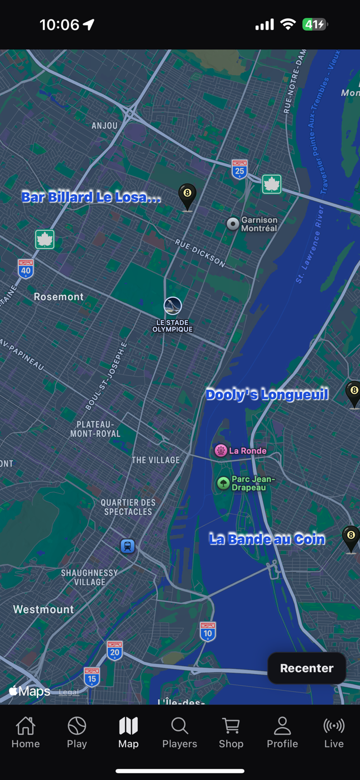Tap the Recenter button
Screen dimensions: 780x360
click(x=306, y=668)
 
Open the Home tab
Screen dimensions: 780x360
click(x=26, y=732)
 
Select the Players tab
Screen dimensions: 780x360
click(x=180, y=732)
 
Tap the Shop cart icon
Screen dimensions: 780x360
click(x=231, y=726)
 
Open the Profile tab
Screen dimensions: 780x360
click(x=282, y=732)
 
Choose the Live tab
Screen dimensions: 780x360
click(x=334, y=732)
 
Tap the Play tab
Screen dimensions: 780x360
click(x=77, y=732)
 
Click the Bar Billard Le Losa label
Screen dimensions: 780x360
click(x=91, y=197)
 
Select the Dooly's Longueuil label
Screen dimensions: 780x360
click(x=267, y=394)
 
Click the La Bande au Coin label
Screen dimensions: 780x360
click(x=267, y=539)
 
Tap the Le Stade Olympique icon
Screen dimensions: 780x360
click(x=172, y=306)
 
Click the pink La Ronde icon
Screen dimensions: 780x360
click(x=221, y=450)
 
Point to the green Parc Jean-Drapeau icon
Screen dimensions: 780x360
click(x=223, y=483)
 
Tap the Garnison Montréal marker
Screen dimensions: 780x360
click(x=233, y=224)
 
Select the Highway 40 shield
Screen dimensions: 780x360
click(x=26, y=269)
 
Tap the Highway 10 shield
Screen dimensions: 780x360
click(x=208, y=632)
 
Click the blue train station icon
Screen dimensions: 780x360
click(x=128, y=546)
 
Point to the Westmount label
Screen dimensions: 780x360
click(x=44, y=609)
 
